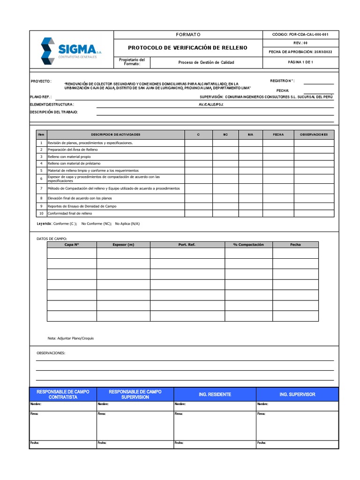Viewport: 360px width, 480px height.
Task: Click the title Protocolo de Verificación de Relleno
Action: point(187,48)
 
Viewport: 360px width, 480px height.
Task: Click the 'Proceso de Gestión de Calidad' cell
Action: point(206,62)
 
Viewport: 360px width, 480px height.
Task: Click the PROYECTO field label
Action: point(41,81)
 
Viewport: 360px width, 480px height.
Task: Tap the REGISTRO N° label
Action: point(282,81)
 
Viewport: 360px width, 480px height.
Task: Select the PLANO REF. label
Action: point(41,97)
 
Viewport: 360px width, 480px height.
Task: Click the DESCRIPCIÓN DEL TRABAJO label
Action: point(54,112)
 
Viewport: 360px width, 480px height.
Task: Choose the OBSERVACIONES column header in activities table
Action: point(314,135)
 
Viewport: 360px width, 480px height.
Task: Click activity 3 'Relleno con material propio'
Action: point(69,157)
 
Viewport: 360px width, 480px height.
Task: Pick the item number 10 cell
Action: point(41,213)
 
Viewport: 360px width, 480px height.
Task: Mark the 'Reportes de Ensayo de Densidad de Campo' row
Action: point(82,206)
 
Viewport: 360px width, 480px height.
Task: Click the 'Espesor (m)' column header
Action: point(123,245)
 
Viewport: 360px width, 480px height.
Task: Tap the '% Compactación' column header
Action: point(248,245)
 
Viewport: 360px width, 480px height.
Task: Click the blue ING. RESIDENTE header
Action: point(215,395)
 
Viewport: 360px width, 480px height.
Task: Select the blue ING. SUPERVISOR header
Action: point(297,395)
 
